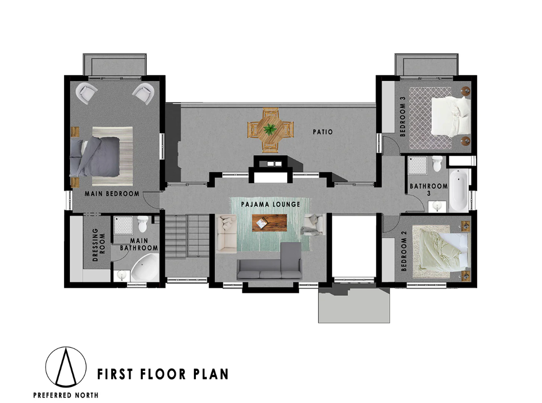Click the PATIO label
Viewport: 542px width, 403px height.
click(322, 132)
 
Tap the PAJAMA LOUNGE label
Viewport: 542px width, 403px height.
click(270, 204)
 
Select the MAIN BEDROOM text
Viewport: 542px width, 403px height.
click(112, 194)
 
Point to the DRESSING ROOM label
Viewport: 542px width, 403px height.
click(99, 245)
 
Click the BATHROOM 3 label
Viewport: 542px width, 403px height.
click(428, 189)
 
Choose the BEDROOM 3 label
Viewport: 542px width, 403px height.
click(403, 116)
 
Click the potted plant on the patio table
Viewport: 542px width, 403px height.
click(270, 129)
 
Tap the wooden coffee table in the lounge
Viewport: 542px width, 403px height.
click(269, 223)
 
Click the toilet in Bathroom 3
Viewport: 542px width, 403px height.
click(437, 164)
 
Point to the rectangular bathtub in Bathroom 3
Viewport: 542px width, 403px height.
click(459, 190)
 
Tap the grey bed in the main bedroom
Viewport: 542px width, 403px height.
click(95, 157)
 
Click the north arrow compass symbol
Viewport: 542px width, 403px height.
click(65, 367)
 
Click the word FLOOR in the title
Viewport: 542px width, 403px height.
click(163, 374)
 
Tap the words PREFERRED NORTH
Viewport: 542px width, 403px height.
click(65, 395)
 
